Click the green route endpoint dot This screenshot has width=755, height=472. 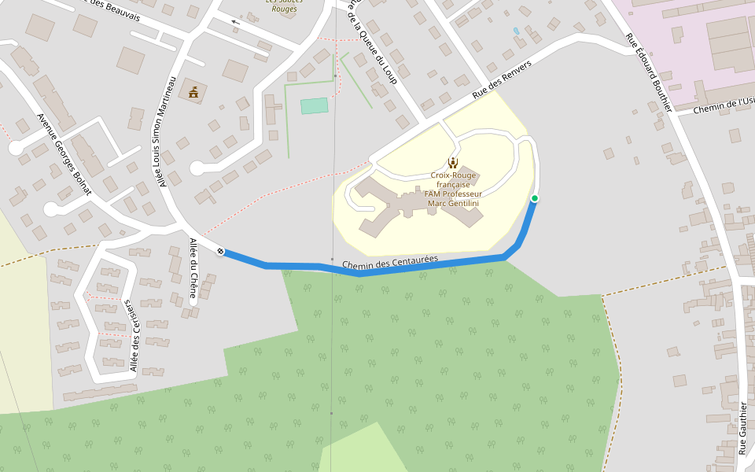coord(535,198)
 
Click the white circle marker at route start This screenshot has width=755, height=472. coord(220,251)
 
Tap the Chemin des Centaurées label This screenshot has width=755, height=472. coord(390,264)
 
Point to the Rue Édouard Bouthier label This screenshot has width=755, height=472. coord(649,70)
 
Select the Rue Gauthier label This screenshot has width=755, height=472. coord(742,428)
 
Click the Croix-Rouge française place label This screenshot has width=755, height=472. coord(453,189)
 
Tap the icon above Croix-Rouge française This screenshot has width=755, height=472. coord(452,163)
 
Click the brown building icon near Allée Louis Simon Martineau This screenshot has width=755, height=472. coord(193,92)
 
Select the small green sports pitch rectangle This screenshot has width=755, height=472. coord(314,105)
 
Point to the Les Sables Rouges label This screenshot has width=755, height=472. coord(281,5)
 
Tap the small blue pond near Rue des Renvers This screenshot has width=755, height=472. coord(516,31)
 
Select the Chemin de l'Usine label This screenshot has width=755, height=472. coord(724,105)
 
